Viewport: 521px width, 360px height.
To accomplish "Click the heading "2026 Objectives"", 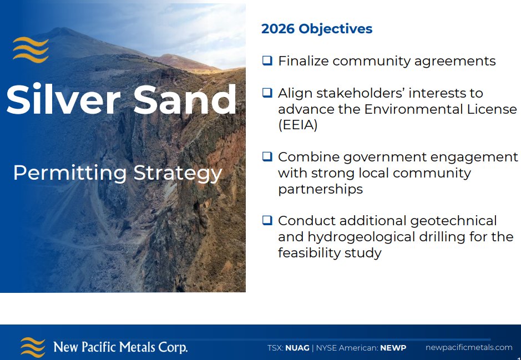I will (317, 29).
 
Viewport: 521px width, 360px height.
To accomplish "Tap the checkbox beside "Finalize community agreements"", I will (267, 60).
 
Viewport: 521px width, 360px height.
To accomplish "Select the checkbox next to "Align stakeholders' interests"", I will (267, 93).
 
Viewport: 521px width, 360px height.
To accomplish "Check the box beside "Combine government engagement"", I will (267, 156).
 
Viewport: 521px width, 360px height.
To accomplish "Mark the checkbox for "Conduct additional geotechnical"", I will (267, 220).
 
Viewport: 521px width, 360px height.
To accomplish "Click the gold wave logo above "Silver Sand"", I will (31, 49).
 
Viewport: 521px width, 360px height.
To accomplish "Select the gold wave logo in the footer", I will (33, 347).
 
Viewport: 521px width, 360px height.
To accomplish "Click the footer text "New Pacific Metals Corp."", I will (120, 348).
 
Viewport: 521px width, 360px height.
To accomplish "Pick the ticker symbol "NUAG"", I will (297, 348).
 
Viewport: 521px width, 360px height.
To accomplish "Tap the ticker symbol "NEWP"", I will (393, 348).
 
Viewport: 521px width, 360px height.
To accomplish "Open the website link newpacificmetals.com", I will (469, 347).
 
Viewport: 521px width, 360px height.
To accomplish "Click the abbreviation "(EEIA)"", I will (298, 125).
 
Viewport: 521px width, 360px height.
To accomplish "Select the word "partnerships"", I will (320, 189).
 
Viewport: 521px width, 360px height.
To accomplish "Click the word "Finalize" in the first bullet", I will (304, 61).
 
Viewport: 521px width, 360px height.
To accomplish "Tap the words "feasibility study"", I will (330, 253).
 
